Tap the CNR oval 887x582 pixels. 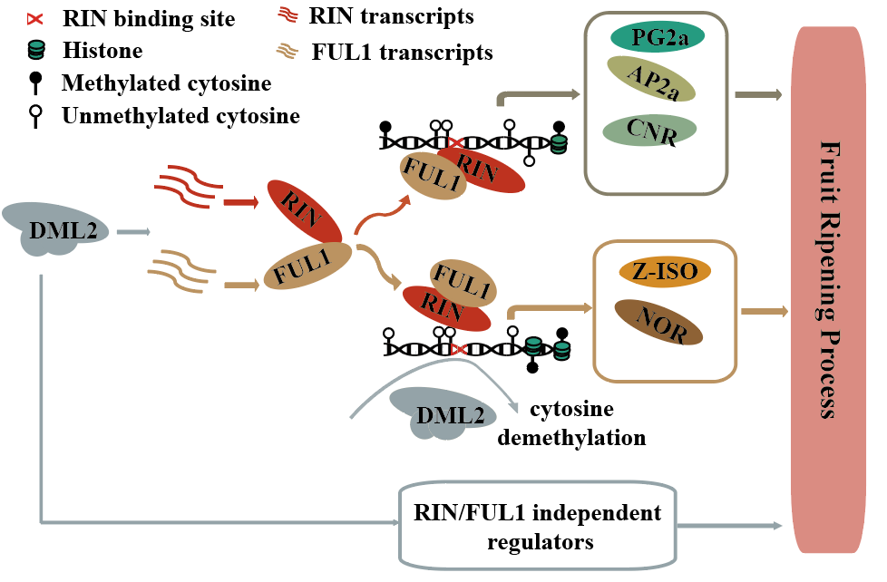[x=648, y=130]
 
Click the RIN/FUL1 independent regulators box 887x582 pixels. [x=537, y=526]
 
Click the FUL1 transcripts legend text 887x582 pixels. [x=402, y=52]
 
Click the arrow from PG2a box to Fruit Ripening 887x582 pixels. [x=759, y=93]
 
